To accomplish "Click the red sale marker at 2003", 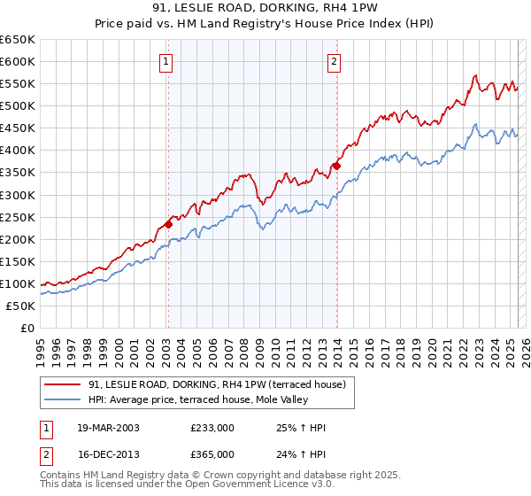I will pos(168,224).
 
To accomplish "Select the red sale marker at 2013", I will pos(336,166).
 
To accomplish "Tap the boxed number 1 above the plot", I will pos(166,61).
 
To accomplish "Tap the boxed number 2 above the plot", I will pos(334,61).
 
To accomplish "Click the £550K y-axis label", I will pos(18,83).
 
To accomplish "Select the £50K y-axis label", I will pos(21,306).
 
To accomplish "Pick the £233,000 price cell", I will pos(212,428).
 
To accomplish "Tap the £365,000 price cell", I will pos(212,454).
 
